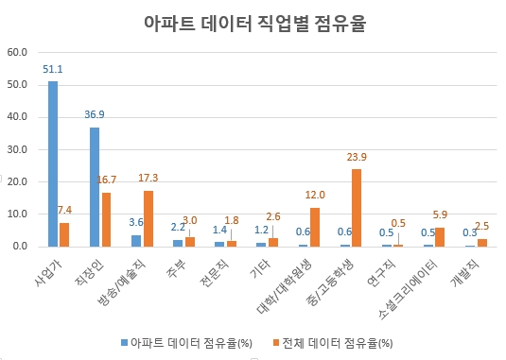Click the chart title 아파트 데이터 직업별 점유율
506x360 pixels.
point(253,23)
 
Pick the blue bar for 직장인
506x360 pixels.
point(95,186)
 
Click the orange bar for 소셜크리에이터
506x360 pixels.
point(440,236)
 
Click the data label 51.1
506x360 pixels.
point(53,69)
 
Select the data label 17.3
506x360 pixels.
point(149,178)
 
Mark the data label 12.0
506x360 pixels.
point(315,195)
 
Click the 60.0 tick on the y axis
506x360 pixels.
point(19,52)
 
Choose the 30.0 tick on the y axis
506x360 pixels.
point(19,149)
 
